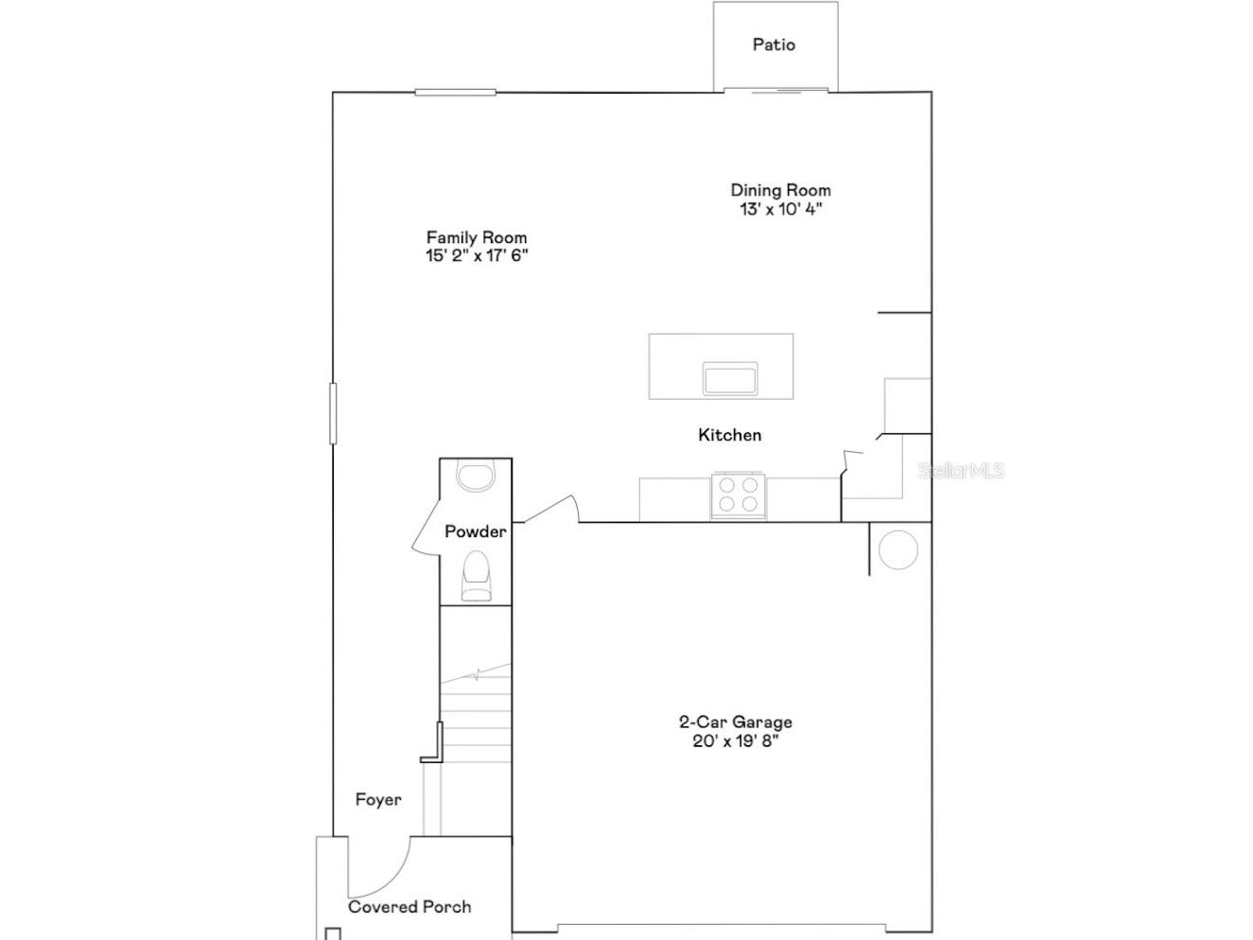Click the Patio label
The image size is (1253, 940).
774,44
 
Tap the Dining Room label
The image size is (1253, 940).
780,190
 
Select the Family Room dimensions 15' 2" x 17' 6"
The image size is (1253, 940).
477,255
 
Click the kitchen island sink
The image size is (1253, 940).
730,378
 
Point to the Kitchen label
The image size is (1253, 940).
729,435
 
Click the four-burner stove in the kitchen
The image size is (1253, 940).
739,495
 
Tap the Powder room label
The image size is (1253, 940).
476,531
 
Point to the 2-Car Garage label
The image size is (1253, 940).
736,722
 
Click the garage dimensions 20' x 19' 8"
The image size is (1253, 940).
736,740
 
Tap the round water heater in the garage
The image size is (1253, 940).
897,549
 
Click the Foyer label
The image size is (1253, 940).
378,800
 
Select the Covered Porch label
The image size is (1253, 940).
409,907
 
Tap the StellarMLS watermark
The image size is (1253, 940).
961,470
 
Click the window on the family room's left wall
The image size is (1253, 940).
333,412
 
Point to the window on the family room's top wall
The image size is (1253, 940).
455,92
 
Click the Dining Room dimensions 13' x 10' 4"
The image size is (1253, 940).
781,209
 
